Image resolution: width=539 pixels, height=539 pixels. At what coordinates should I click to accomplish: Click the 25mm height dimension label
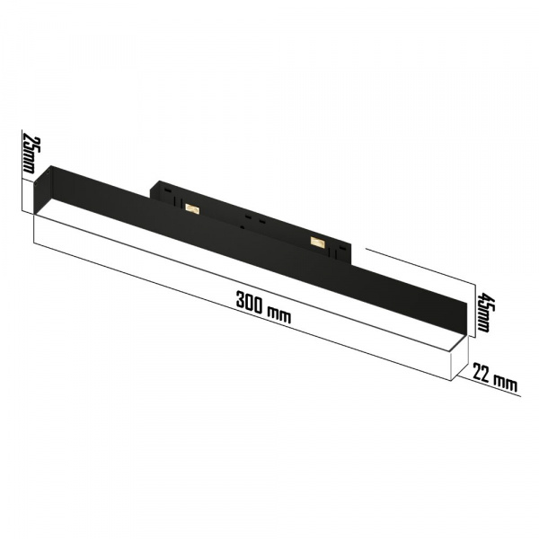[29, 154]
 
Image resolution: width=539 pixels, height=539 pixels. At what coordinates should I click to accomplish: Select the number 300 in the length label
[252, 302]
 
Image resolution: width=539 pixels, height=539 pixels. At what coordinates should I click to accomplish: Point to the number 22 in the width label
[482, 375]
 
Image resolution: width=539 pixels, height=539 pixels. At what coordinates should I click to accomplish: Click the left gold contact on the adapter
[190, 208]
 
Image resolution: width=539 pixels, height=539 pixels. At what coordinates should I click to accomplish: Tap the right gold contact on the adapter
[316, 241]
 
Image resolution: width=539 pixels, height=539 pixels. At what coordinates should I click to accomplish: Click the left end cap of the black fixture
[44, 190]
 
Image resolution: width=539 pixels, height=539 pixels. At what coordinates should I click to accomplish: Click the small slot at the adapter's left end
[165, 190]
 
